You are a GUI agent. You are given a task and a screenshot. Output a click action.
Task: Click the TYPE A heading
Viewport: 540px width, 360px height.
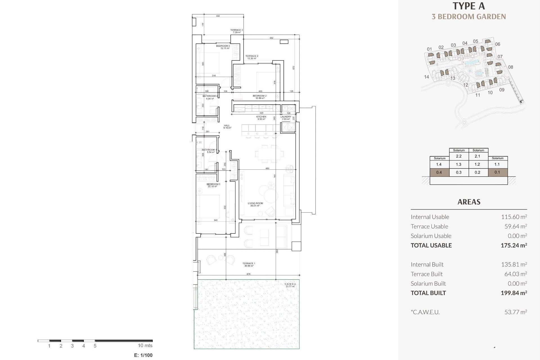(469, 6)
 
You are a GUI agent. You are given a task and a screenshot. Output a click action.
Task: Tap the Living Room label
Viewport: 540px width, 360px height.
(255, 204)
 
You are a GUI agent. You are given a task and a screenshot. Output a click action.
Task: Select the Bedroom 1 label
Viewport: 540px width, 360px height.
(213, 185)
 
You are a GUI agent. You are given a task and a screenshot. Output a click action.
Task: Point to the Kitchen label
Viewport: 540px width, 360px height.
(261, 118)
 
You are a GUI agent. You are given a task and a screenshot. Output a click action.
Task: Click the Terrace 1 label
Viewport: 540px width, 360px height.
(249, 264)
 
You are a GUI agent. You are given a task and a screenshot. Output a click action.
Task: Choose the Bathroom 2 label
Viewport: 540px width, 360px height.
(210, 97)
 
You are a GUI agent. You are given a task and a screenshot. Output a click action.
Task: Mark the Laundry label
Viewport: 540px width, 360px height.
(286, 118)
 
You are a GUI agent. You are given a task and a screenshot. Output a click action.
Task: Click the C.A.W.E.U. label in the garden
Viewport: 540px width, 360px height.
(290, 285)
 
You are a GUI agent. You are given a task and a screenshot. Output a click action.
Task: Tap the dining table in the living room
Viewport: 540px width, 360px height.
(269, 154)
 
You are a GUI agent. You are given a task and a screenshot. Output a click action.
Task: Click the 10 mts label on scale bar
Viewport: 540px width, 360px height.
(145, 345)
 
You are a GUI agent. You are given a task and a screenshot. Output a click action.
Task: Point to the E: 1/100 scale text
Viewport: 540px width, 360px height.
(143, 355)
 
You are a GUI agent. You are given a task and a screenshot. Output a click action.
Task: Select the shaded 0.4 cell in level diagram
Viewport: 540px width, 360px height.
(439, 172)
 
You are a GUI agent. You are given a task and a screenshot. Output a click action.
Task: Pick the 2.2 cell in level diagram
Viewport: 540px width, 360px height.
(459, 156)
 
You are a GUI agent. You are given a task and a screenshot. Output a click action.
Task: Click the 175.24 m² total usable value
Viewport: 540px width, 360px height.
(514, 245)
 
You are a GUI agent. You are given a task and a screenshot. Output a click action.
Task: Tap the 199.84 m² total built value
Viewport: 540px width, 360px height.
(514, 293)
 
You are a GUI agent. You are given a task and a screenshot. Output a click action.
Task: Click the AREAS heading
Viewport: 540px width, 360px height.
(469, 202)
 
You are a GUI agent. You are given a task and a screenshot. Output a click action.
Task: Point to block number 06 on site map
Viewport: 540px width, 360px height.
(498, 44)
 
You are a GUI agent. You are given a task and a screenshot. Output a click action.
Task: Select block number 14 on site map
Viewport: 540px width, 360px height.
(426, 77)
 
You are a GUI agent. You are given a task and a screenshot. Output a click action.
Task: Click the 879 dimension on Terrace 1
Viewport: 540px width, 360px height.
(248, 274)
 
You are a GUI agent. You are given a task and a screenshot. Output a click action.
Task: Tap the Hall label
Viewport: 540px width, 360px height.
(227, 127)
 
